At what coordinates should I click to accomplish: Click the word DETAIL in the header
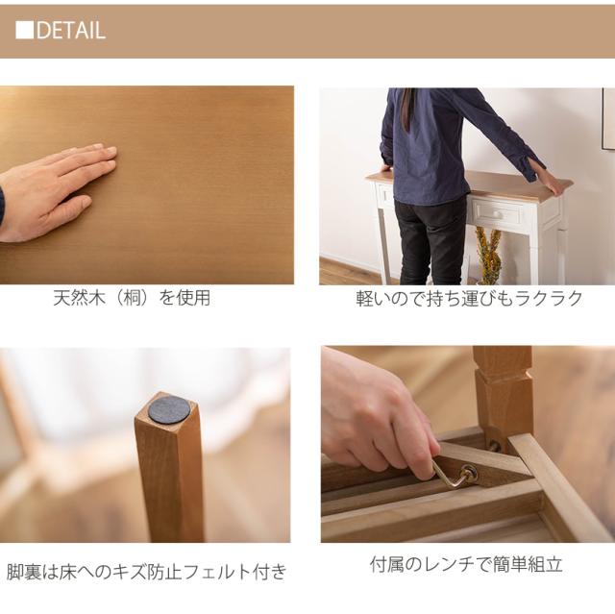[71, 30]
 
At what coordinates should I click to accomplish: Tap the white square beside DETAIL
[24, 30]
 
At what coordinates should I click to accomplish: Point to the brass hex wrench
[452, 474]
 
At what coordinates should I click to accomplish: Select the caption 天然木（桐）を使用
[132, 298]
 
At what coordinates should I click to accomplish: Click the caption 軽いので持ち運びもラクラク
[469, 299]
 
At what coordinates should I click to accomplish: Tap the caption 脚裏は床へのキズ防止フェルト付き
[147, 572]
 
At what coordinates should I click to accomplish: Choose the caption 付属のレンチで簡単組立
[466, 565]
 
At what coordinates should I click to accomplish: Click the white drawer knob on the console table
[497, 214]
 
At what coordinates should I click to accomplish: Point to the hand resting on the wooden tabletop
[55, 192]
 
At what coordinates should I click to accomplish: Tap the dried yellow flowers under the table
[488, 255]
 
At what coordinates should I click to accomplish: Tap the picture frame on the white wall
[608, 118]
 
